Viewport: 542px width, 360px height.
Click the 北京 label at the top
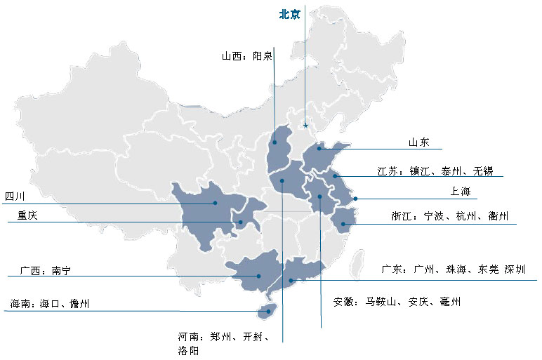pyautogui.click(x=290, y=14)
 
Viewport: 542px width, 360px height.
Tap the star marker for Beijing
pyautogui.click(x=305, y=125)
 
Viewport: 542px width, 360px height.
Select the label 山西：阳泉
pyautogui.click(x=247, y=56)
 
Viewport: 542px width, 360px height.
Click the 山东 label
pyautogui.click(x=419, y=142)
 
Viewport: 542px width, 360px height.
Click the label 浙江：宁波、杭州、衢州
pyautogui.click(x=449, y=216)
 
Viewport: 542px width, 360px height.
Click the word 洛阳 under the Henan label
pyautogui.click(x=189, y=350)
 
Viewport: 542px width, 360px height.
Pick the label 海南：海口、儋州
pyautogui.click(x=50, y=304)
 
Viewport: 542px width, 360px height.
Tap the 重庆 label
pyautogui.click(x=27, y=216)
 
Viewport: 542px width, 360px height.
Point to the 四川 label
pyautogui.click(x=15, y=196)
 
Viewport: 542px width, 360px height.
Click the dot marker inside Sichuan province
pyautogui.click(x=216, y=203)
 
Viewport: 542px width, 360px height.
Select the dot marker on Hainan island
pyautogui.click(x=266, y=310)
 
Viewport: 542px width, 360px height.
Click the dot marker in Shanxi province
pyautogui.click(x=275, y=142)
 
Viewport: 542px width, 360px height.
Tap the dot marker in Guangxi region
pyautogui.click(x=258, y=276)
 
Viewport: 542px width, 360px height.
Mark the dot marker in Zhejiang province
pyautogui.click(x=343, y=225)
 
